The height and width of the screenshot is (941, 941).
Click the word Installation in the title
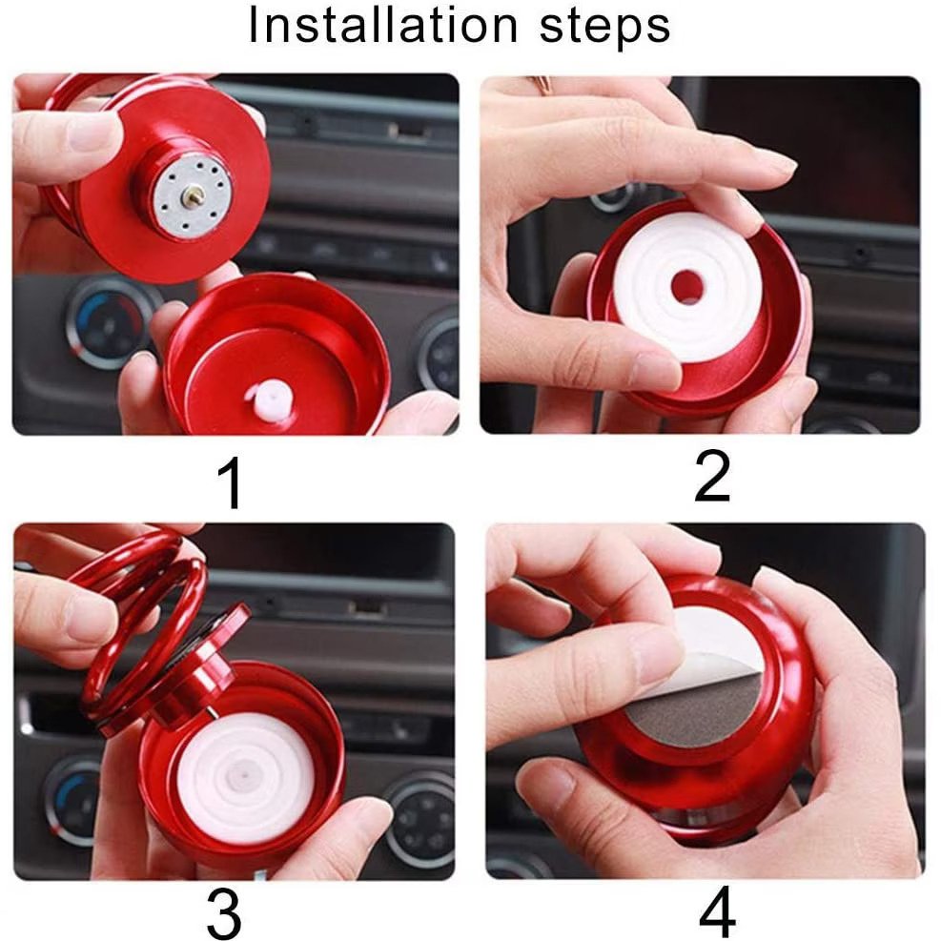point(382,25)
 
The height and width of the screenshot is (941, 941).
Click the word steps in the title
point(604,27)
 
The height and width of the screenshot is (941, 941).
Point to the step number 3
point(224,914)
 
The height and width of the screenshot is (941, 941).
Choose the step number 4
point(717,913)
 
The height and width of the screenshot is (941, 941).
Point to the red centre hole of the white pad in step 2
point(687,288)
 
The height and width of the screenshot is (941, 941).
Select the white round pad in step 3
point(245,775)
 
